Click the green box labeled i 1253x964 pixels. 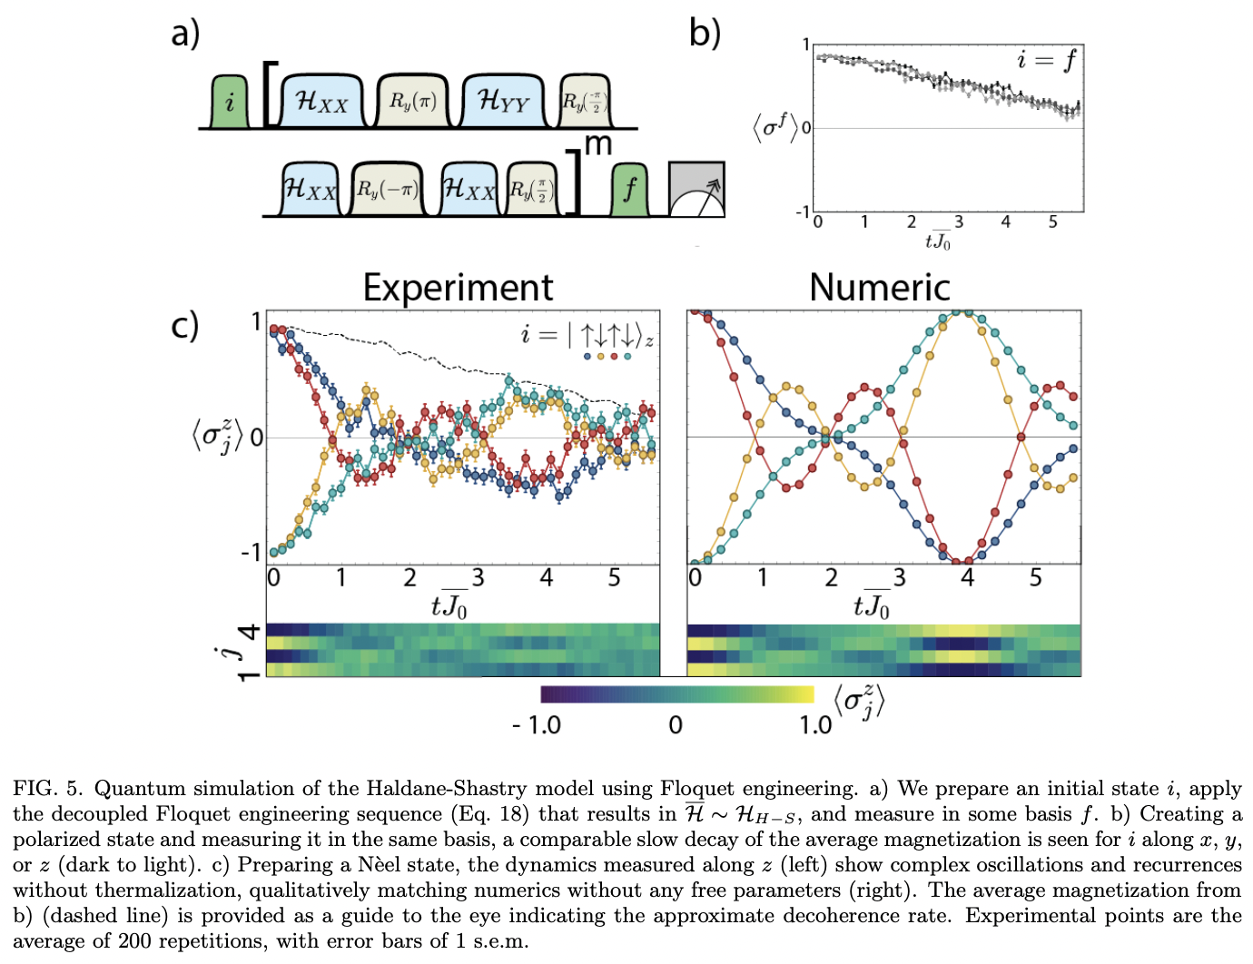coord(230,102)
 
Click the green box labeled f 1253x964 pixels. coord(629,190)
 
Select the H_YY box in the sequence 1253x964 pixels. coord(503,101)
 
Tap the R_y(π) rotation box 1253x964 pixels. coord(413,101)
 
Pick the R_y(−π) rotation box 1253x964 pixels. coord(386,190)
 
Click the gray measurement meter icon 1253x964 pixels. coord(696,190)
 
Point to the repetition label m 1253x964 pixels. coord(598,144)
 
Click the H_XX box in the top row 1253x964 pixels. coord(321,101)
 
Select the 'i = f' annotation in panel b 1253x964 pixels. coord(1045,61)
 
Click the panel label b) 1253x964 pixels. coord(705,34)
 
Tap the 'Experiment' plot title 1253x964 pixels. coord(458,288)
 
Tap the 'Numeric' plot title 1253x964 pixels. coord(879,288)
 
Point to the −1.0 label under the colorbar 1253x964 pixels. coord(537,725)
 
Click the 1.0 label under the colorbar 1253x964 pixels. coord(814,725)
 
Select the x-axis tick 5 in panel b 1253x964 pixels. coord(1052,222)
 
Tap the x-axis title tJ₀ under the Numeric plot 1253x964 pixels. coord(871,605)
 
